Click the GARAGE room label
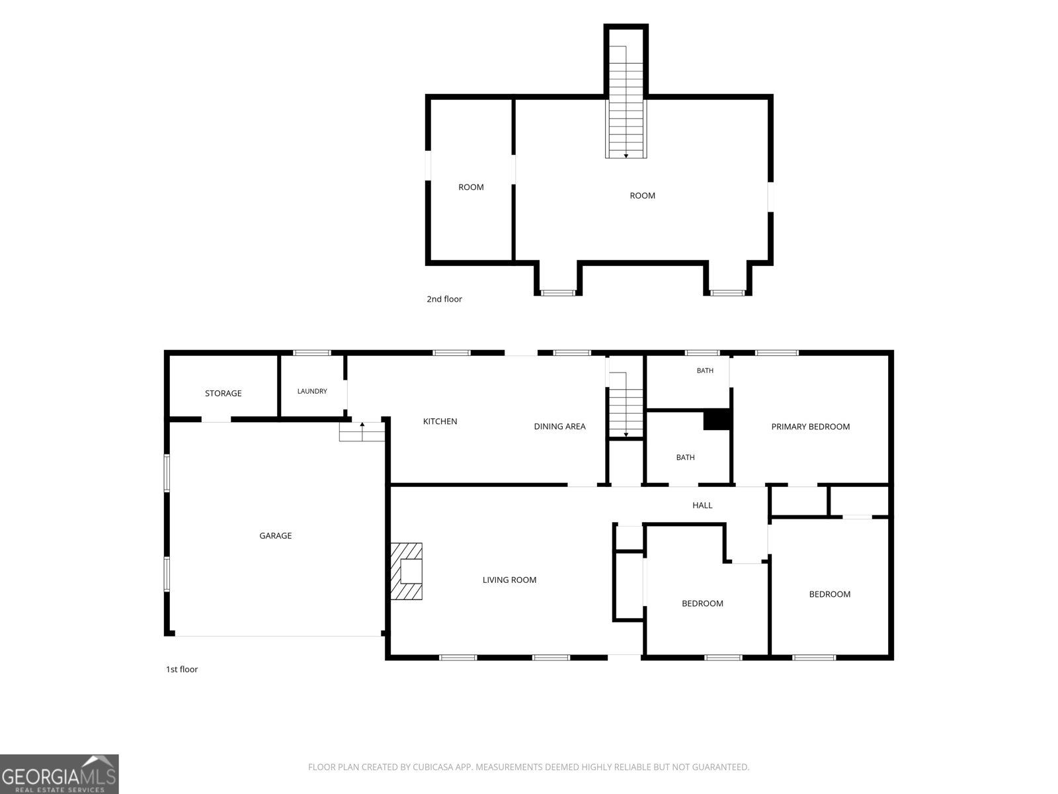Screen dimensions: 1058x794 pos(275,535)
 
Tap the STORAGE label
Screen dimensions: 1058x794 pos(223,394)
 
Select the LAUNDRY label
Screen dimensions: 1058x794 pos(312,391)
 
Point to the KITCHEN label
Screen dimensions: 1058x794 pos(440,421)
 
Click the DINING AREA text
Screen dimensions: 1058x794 pos(559,426)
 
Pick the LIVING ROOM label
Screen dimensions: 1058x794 pos(509,580)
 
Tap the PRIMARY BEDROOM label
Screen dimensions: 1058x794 pos(810,427)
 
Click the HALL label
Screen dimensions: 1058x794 pos(702,506)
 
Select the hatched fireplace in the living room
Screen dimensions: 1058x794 pos(406,571)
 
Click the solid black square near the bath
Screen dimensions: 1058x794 pos(717,419)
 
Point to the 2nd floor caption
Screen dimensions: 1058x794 pos(444,299)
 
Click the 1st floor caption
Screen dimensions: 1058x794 pos(182,669)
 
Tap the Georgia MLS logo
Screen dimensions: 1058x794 pos(60,773)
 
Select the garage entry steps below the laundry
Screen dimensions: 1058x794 pos(362,431)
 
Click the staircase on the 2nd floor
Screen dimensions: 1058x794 pos(626,102)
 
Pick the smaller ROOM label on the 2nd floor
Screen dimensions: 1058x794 pos(471,187)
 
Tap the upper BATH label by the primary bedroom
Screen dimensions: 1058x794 pos(705,371)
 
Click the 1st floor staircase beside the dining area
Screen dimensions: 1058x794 pos(626,405)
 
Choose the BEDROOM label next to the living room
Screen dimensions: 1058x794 pos(702,603)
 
